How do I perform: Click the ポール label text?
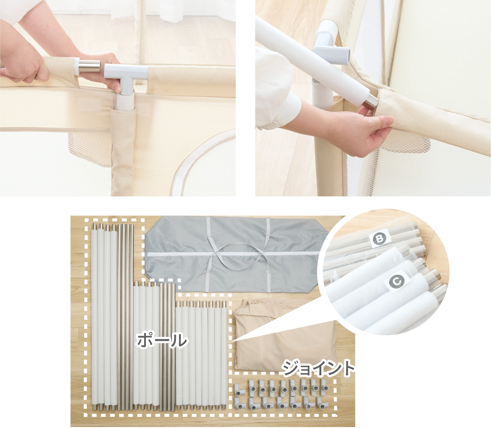[162, 340]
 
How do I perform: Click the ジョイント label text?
[318, 369]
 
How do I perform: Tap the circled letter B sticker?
[379, 239]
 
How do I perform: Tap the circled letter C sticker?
[397, 282]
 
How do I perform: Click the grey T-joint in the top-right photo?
[329, 47]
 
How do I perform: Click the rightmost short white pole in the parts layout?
[224, 355]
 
